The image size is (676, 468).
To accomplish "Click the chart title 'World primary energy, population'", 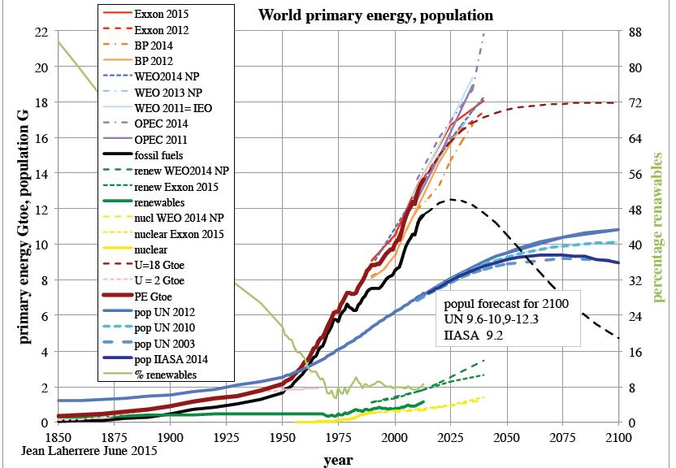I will click(375, 15).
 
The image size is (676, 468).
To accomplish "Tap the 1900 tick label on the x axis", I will click(170, 438).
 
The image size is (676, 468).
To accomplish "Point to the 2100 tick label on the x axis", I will click(618, 438).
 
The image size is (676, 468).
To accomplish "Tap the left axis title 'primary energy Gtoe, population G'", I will click(15, 227).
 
